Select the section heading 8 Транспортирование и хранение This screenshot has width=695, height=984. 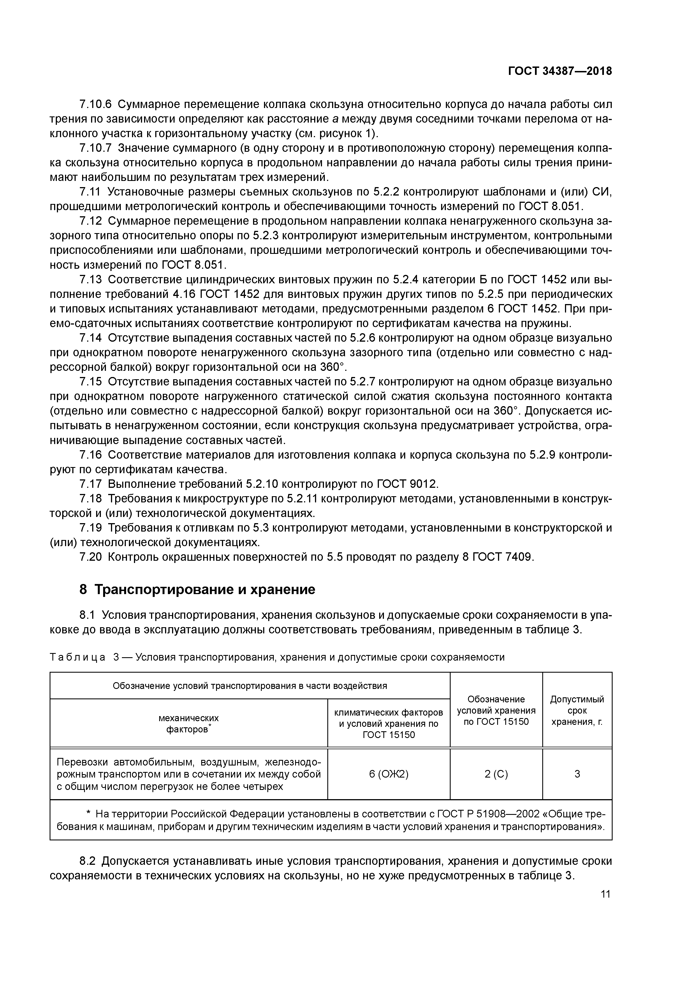[x=197, y=590]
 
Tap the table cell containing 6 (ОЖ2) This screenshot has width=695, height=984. [x=388, y=774]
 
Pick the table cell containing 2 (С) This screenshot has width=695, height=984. [x=496, y=774]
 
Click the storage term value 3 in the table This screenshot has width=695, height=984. [x=577, y=774]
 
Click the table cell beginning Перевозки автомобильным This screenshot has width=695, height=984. [x=188, y=774]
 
